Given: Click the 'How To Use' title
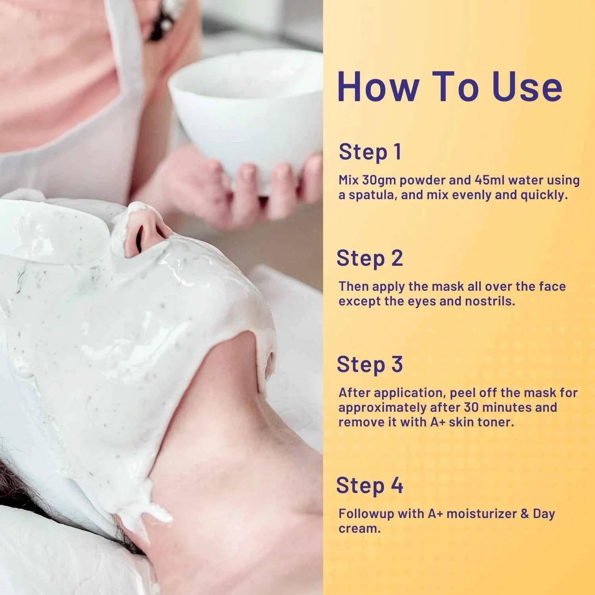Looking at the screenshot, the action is (x=450, y=87).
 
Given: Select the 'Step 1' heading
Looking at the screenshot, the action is (x=370, y=152).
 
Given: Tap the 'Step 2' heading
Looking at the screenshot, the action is (x=370, y=258).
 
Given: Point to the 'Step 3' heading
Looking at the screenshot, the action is (x=370, y=365).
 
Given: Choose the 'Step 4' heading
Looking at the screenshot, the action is (x=370, y=485).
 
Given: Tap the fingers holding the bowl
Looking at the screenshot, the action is (x=254, y=186).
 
